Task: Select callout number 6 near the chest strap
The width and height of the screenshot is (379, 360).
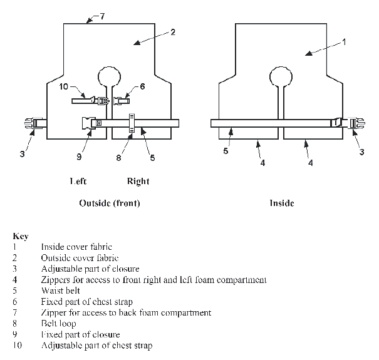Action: tap(142, 86)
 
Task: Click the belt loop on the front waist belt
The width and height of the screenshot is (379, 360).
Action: tap(132, 123)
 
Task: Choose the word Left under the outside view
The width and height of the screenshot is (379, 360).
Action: tap(78, 182)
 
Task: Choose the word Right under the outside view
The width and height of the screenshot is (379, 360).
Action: tap(138, 182)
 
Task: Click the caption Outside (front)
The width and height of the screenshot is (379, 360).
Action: tap(110, 203)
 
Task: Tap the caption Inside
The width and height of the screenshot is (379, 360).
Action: tap(281, 203)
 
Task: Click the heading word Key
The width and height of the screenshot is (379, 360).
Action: tap(19, 237)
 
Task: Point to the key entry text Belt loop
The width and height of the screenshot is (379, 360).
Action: tap(60, 323)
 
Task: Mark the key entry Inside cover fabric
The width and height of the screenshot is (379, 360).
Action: tap(76, 247)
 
